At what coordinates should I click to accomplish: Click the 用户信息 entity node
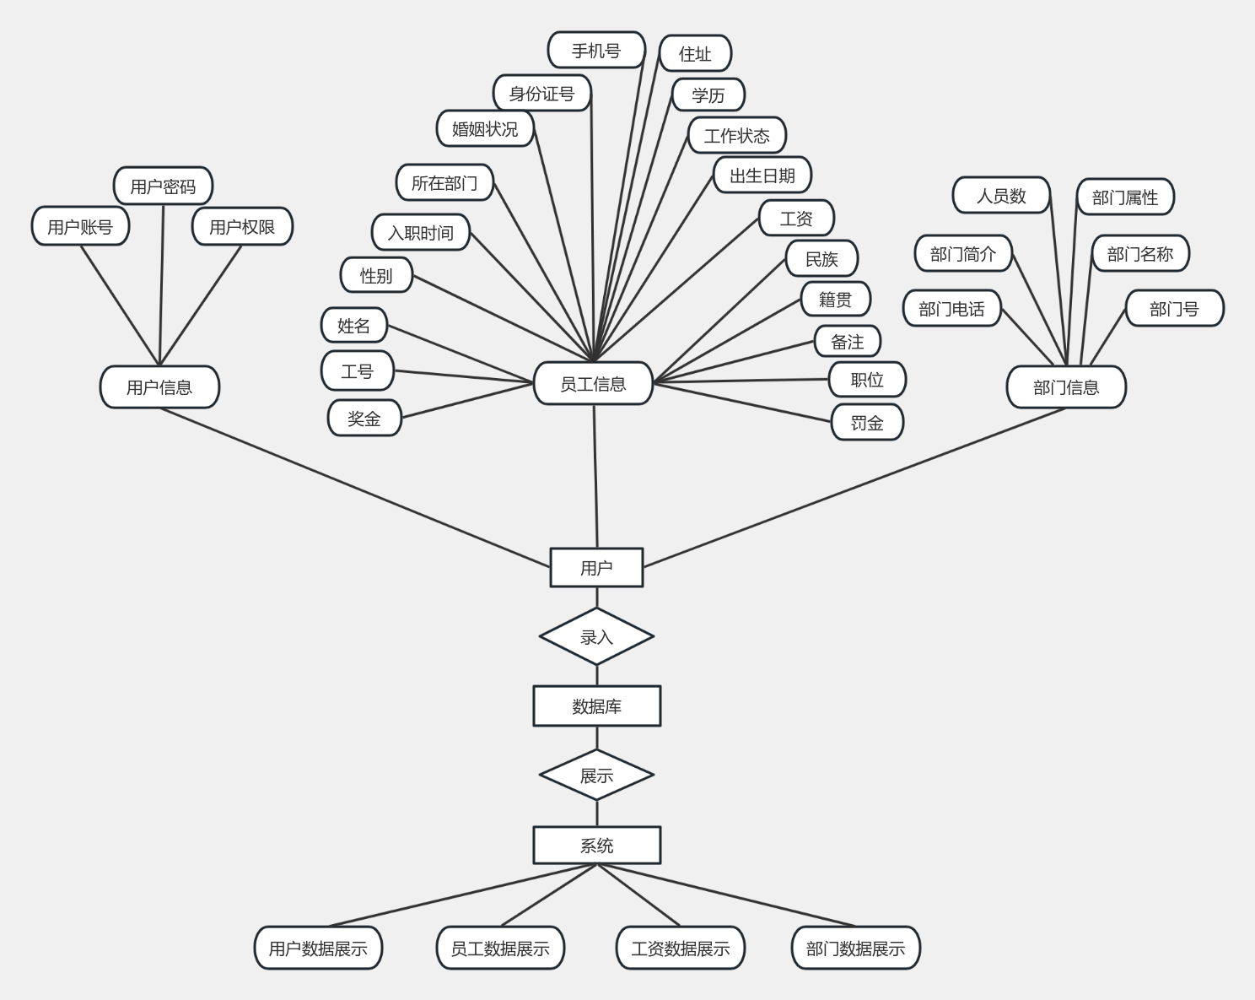[159, 387]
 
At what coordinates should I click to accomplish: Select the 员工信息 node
[593, 384]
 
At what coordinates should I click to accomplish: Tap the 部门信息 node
[1066, 387]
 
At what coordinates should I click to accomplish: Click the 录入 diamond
[596, 636]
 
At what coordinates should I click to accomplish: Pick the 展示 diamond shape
[596, 775]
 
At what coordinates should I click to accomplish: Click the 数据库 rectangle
[596, 706]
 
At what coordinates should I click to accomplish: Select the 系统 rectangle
[596, 845]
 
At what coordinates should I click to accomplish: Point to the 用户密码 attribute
[163, 186]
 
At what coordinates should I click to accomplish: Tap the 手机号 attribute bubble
[596, 51]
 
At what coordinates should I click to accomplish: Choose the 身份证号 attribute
[541, 94]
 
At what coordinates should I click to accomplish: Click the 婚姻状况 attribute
[485, 129]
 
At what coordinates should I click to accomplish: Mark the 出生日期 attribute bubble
[762, 176]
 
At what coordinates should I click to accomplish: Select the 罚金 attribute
[867, 423]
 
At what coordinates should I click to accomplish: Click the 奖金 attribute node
[364, 419]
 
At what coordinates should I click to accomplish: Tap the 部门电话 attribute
[951, 309]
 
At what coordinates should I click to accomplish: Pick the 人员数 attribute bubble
[1001, 196]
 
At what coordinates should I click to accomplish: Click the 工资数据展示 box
[681, 948]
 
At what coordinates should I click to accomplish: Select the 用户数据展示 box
[318, 948]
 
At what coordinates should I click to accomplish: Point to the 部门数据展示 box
[855, 948]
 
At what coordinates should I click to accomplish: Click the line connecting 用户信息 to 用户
[354, 487]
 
